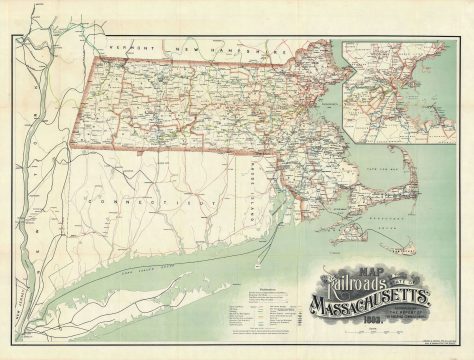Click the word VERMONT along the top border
pos(130,47)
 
